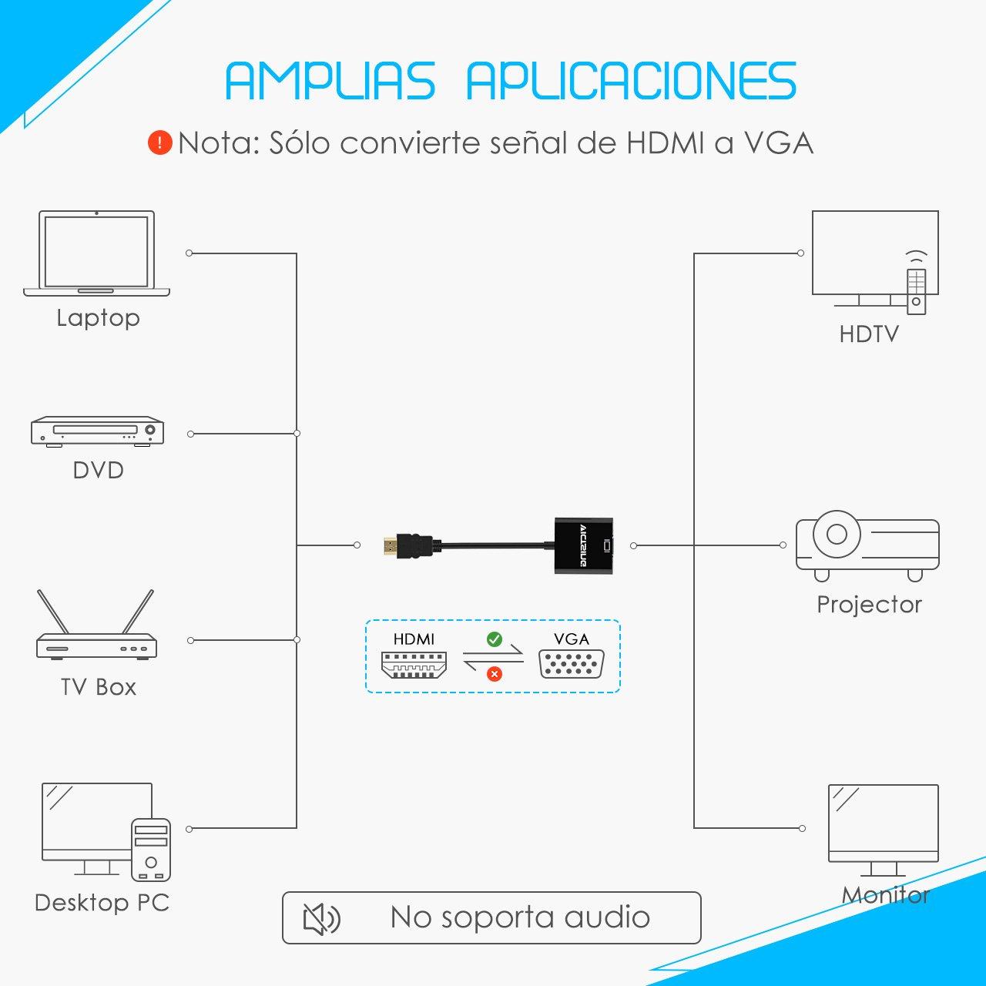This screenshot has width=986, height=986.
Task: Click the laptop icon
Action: point(97,253)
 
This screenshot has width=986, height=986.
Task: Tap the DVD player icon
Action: point(97,431)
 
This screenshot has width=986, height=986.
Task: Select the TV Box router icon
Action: point(96,625)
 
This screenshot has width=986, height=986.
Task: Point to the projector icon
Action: point(867,546)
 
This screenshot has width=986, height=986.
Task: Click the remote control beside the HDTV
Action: point(917,291)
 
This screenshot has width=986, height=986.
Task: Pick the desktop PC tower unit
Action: point(151,850)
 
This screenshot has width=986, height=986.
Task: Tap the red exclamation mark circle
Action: point(160,143)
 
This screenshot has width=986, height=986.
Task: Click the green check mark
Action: point(495,639)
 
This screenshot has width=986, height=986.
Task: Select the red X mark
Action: point(495,674)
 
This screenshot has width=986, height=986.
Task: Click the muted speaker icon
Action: point(321,919)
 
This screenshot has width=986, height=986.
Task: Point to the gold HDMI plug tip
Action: point(391,546)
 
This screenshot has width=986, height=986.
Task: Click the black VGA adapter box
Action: point(584,545)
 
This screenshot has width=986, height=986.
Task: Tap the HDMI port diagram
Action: point(414,665)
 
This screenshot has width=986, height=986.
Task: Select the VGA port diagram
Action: point(572,664)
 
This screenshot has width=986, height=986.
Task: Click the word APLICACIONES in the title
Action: point(632,81)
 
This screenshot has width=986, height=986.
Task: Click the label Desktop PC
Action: point(102,903)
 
